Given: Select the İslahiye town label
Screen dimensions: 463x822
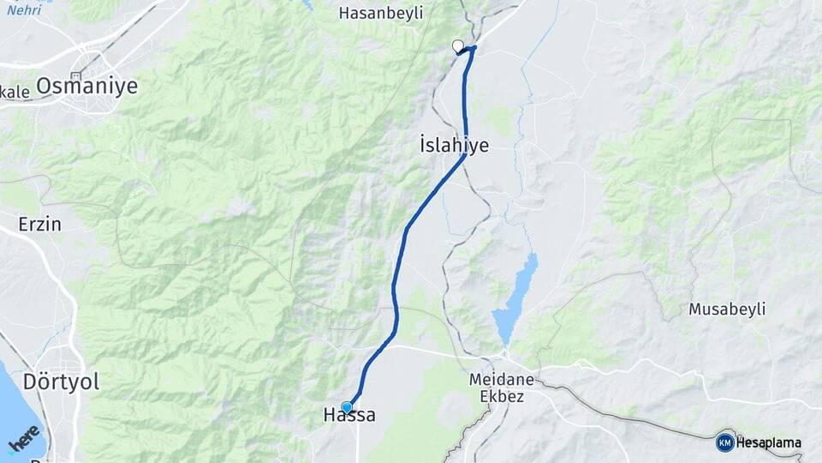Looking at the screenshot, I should (455, 145).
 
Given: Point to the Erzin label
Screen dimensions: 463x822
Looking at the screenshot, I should (40, 225).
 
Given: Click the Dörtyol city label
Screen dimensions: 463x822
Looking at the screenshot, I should (62, 382).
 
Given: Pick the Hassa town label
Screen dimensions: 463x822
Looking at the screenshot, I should (349, 416).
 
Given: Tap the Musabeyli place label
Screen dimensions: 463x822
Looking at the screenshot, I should (727, 309).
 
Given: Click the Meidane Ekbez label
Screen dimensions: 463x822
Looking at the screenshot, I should (502, 388).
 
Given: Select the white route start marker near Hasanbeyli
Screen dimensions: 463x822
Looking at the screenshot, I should (457, 46).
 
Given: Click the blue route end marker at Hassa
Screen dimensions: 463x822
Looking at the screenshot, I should (346, 407).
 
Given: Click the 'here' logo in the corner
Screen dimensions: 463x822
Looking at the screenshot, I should (24, 438).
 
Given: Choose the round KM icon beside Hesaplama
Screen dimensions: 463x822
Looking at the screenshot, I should (724, 442).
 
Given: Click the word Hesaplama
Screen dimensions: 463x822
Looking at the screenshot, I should (769, 443).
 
